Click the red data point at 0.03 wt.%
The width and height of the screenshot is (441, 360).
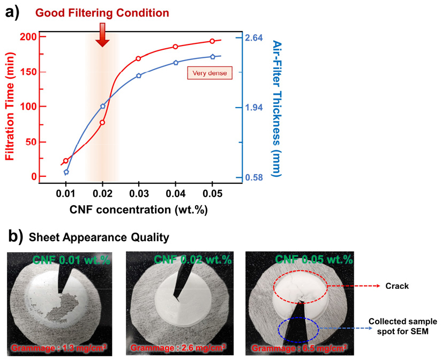139,58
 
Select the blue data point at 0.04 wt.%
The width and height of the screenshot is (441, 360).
176,63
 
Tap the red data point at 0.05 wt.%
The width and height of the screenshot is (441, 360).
212,41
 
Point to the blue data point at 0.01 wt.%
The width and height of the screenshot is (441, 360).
66,172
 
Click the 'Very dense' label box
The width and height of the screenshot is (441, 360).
210,73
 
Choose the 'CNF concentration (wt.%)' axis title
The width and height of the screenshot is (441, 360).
138,209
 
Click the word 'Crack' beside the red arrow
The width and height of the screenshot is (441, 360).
397,286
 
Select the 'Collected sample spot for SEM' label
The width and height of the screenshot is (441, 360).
402,326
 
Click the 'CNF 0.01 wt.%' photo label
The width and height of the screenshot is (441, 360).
72,260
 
